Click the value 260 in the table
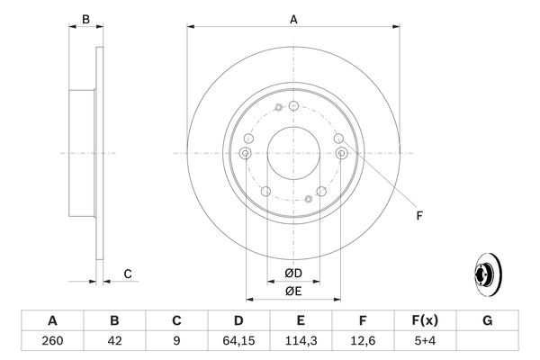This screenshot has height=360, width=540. [x=52, y=341]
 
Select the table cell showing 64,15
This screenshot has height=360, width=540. [x=238, y=341]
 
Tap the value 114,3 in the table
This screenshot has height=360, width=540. [x=301, y=341]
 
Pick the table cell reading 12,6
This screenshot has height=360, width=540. [x=364, y=341]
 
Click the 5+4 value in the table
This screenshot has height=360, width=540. [x=426, y=341]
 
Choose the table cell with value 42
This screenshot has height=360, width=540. [x=114, y=341]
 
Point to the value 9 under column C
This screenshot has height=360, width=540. [x=176, y=341]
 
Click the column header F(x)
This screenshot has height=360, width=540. [x=426, y=320]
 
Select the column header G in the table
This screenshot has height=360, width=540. [x=488, y=320]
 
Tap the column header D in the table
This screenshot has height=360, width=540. [x=238, y=320]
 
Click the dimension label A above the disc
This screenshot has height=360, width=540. [x=293, y=18]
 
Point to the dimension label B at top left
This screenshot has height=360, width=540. [x=86, y=18]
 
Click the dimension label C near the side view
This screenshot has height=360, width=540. [x=128, y=274]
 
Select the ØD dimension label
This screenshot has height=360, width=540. [x=292, y=274]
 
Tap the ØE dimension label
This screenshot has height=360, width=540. [x=292, y=291]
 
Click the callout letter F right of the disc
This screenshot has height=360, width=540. [x=418, y=214]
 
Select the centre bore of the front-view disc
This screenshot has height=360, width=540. [x=293, y=153]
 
